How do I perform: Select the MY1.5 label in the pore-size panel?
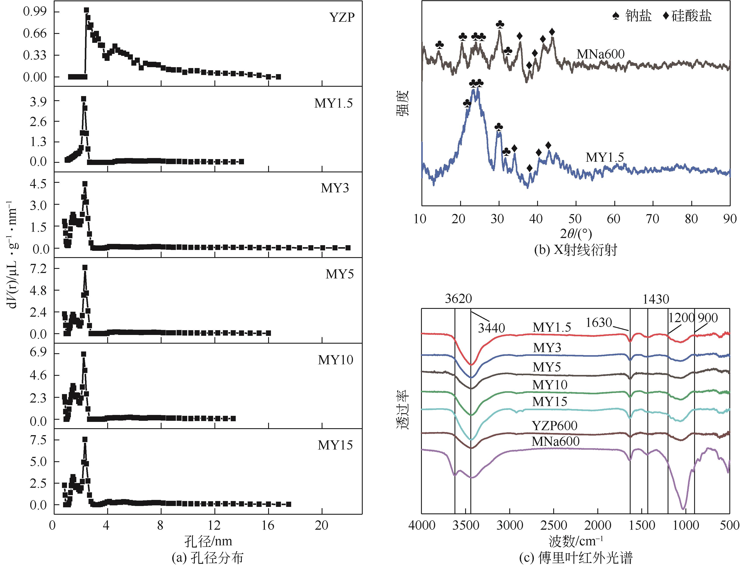point(333,103)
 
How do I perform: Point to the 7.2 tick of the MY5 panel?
point(38,268)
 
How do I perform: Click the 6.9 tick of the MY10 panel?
point(38,353)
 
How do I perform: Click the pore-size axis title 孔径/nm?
point(208,541)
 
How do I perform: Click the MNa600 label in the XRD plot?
point(600,54)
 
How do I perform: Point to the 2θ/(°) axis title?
point(576,233)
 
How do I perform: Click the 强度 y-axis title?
point(402,103)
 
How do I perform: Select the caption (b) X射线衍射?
point(576,250)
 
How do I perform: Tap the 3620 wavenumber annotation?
point(458,298)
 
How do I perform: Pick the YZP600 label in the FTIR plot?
point(555,426)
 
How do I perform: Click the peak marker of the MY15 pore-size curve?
point(85,439)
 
